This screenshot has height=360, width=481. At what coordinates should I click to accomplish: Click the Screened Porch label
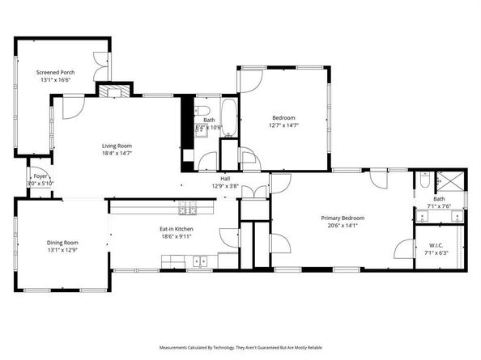point(55,72)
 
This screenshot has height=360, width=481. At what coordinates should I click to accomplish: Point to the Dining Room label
point(62,243)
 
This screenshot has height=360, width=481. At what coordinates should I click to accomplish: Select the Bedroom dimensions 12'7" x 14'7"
point(283,125)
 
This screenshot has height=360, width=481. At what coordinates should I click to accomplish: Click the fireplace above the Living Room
point(113,89)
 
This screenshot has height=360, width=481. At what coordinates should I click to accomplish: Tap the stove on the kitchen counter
point(189,208)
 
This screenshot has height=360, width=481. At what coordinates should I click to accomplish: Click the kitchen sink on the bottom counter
point(199,260)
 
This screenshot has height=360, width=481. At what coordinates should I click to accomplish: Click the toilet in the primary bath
point(424,183)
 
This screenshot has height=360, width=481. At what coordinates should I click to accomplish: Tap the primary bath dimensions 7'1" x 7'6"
point(439,207)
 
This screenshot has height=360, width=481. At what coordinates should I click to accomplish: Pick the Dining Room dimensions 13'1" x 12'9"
point(62,250)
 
